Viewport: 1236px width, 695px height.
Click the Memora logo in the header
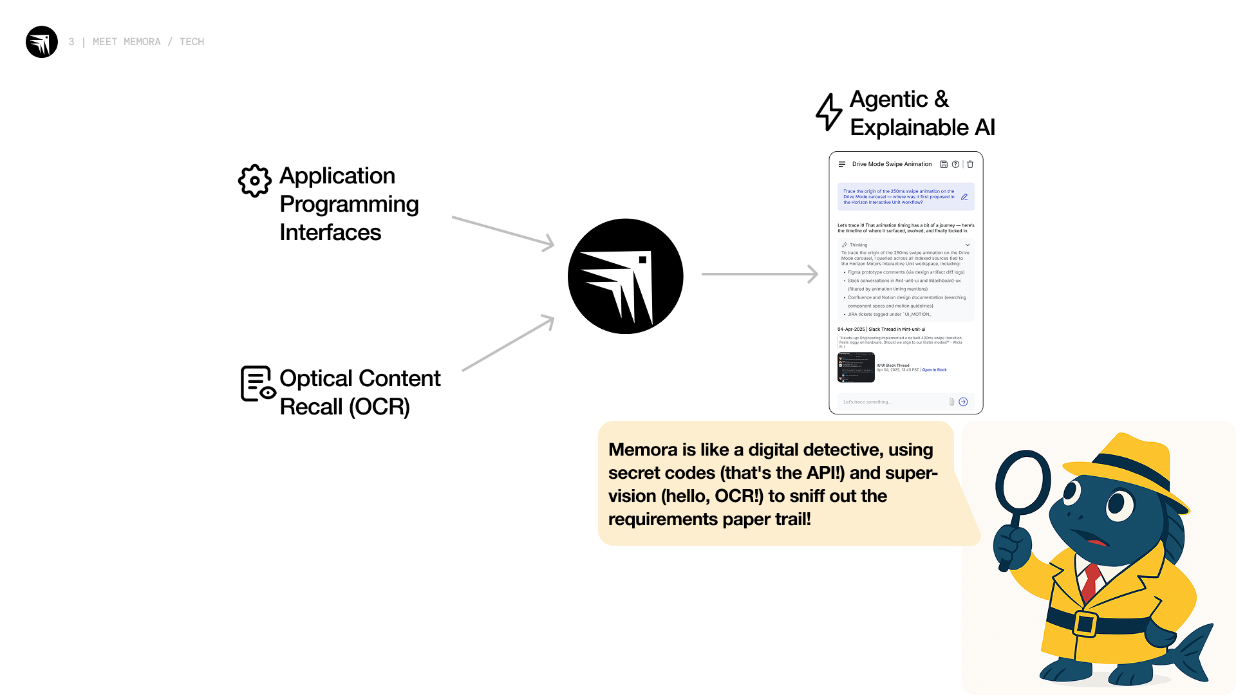pyautogui.click(x=42, y=42)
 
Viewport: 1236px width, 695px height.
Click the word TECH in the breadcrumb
pyautogui.click(x=192, y=42)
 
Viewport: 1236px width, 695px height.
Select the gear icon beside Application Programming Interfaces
pyautogui.click(x=255, y=181)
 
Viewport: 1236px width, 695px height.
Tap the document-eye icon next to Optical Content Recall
pyautogui.click(x=257, y=384)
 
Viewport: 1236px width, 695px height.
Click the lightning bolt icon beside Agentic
pyautogui.click(x=829, y=112)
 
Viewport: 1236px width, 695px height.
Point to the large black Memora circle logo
pyautogui.click(x=625, y=276)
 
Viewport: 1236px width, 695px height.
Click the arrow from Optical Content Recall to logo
pyautogui.click(x=508, y=343)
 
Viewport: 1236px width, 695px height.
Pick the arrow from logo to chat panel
pyautogui.click(x=759, y=274)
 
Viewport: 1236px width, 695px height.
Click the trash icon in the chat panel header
pyautogui.click(x=970, y=164)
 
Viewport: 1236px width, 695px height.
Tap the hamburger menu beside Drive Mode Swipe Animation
pyautogui.click(x=842, y=164)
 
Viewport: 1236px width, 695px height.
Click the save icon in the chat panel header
pyautogui.click(x=944, y=164)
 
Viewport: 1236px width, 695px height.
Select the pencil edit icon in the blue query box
pyautogui.click(x=964, y=197)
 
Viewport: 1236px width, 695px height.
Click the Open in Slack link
pyautogui.click(x=934, y=370)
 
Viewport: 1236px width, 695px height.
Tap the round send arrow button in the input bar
pyautogui.click(x=963, y=402)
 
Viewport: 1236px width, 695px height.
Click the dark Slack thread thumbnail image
pyautogui.click(x=856, y=367)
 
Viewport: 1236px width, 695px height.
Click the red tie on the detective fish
pyautogui.click(x=1091, y=580)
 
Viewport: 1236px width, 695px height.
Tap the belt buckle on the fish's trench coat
pyautogui.click(x=1085, y=624)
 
